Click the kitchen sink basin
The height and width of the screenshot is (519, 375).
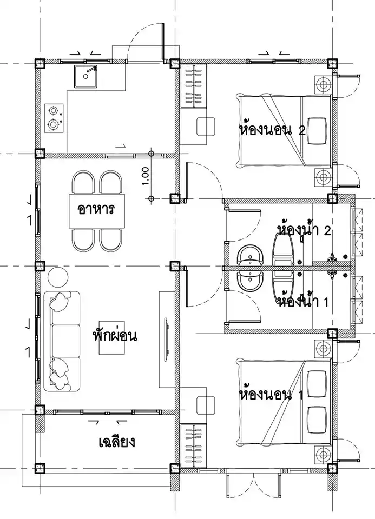tap(86, 76)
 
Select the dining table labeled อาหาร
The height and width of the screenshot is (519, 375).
tap(97, 211)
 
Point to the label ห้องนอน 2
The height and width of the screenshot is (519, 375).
tap(272, 130)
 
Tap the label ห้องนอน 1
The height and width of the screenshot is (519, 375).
tap(271, 394)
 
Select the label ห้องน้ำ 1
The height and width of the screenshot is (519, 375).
tap(304, 302)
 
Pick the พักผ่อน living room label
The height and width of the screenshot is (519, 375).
tap(115, 336)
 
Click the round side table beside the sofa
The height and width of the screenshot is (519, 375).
tap(58, 277)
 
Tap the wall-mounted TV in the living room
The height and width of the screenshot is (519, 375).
tap(167, 336)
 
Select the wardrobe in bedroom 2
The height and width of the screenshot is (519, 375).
tap(193, 86)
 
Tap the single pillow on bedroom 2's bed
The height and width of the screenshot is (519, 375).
tap(317, 131)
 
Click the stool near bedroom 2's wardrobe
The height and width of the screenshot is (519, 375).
tap(206, 127)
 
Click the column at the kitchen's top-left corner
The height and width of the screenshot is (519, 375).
tap(40, 63)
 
